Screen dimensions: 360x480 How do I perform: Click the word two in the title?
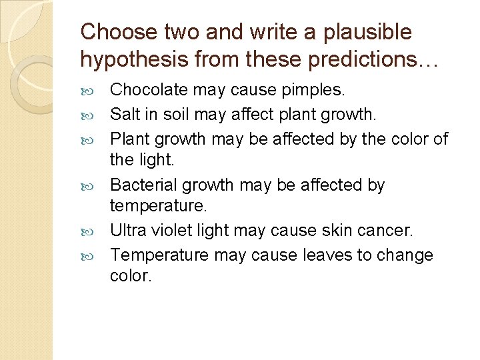pos(179,31)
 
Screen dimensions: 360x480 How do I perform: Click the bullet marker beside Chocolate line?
pos(90,90)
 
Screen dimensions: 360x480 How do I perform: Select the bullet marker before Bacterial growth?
pos(90,185)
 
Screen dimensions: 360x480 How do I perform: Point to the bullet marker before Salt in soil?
pos(90,115)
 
